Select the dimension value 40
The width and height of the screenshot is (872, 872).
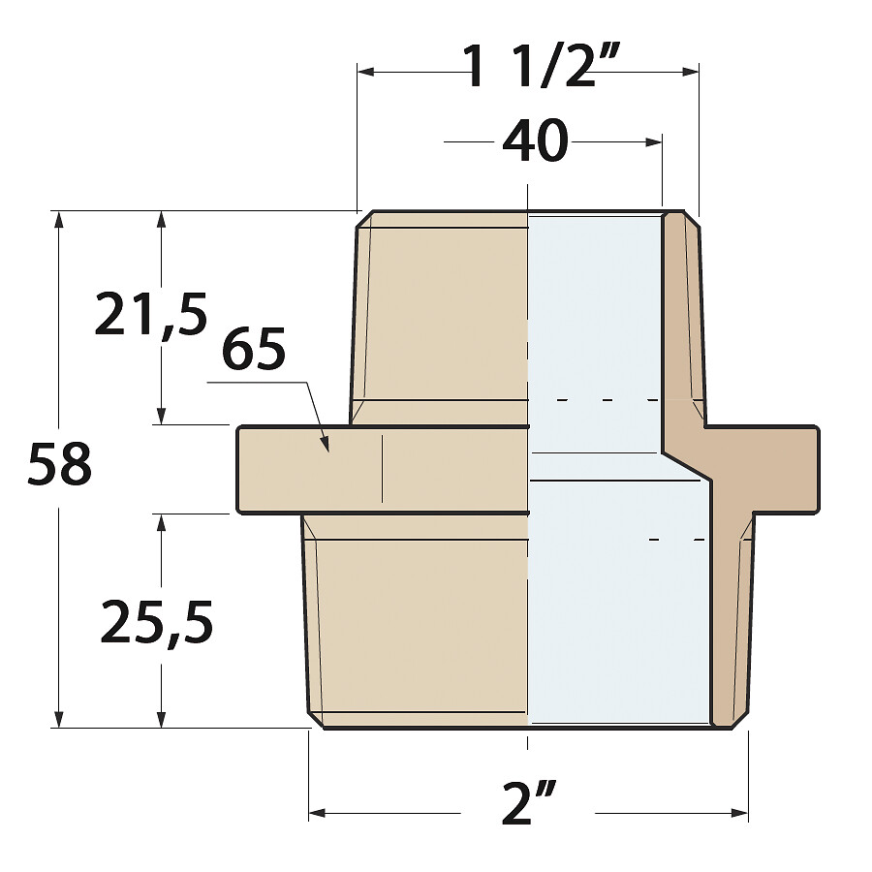535,141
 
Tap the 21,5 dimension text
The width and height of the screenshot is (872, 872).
151,314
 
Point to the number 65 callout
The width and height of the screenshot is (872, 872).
254,349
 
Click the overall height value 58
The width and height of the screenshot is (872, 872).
59,463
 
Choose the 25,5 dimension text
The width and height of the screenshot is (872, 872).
156,621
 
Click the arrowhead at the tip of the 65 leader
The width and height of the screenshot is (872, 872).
325,444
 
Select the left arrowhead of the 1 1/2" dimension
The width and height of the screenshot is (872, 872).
365,71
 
